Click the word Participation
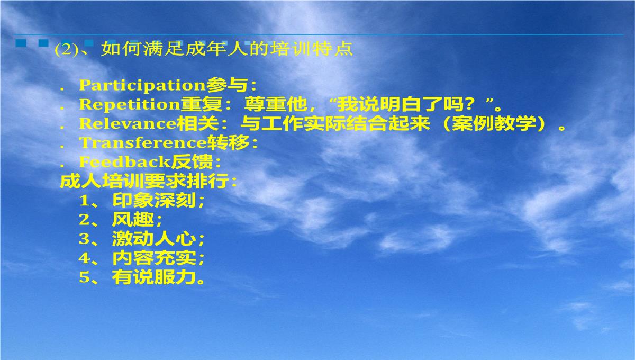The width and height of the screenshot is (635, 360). point(142,85)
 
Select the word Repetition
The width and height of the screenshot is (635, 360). point(130,104)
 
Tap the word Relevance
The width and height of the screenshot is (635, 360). point(128,123)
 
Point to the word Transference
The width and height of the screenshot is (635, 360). point(143,142)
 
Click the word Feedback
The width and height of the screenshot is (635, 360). point(125,161)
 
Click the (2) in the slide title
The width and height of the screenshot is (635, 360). point(66,50)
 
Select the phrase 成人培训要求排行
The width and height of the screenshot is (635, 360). point(144,181)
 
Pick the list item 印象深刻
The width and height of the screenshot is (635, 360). point(155,200)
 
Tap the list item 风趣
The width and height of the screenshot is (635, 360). point(133,219)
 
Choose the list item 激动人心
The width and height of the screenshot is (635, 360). point(155,239)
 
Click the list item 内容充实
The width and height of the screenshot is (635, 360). point(155,258)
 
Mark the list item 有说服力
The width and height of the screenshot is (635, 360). point(155,277)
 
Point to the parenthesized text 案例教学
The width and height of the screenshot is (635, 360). point(494,123)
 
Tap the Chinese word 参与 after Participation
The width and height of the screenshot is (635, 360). point(227,85)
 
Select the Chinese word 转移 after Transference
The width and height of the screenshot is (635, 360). point(229,142)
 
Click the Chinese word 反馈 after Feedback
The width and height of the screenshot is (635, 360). point(192,161)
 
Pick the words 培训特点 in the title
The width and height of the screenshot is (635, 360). point(311,49)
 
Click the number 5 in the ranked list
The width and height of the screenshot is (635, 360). point(84,277)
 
